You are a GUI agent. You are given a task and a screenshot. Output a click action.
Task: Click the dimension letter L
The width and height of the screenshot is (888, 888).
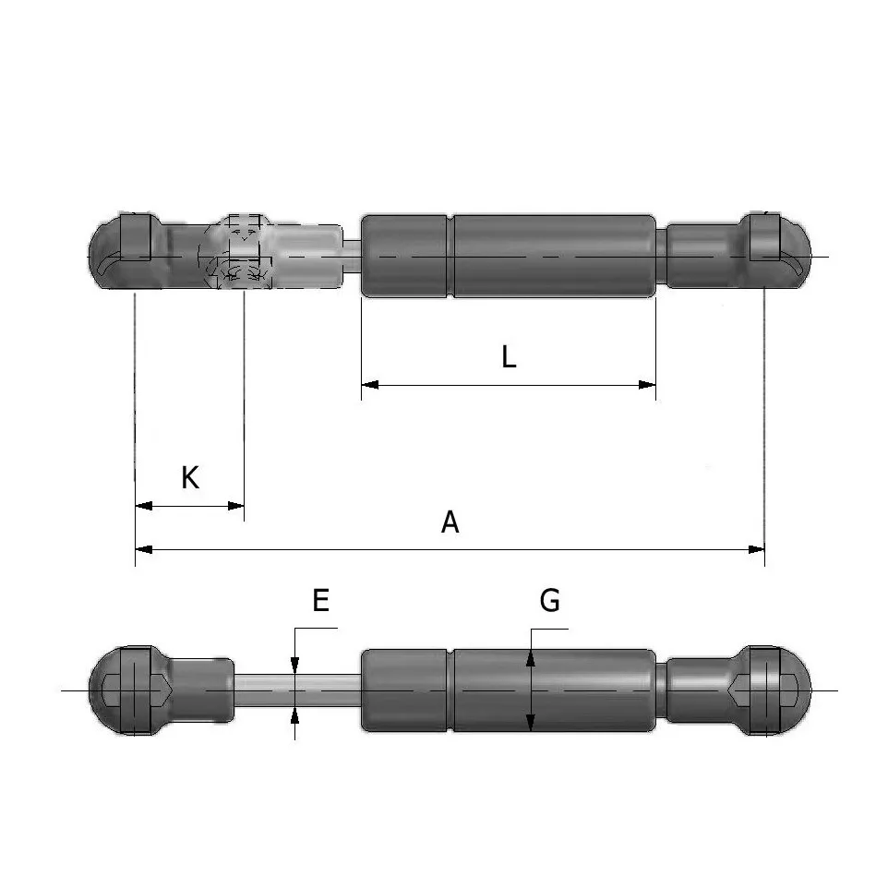coord(509,357)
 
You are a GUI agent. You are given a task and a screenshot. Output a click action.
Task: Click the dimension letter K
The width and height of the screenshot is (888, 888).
coord(190,477)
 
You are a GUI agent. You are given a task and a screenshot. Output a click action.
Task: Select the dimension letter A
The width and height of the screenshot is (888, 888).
coord(450,522)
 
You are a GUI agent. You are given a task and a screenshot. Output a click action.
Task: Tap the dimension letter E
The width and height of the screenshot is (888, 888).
coord(321,600)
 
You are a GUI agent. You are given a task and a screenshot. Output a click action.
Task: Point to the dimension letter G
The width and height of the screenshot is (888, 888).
coord(550,600)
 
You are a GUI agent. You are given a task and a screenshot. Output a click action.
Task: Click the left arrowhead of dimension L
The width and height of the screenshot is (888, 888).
coord(370,385)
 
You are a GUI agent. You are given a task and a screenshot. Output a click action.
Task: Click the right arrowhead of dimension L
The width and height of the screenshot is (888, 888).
coord(647,385)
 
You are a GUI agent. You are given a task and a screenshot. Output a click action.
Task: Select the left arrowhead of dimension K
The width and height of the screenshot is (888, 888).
coord(144,506)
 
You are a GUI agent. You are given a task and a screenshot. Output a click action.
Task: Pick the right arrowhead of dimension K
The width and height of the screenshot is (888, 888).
coord(235,506)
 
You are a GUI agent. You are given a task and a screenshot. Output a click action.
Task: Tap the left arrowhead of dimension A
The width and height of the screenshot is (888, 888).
coord(144,549)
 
